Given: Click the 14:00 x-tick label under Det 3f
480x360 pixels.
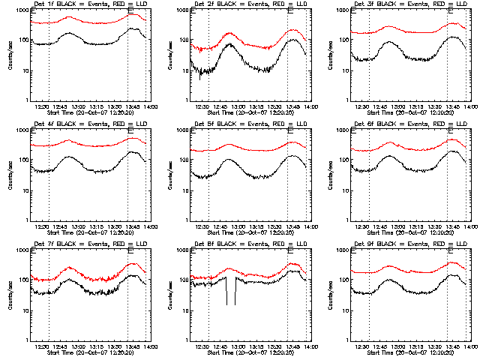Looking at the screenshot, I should [469, 107].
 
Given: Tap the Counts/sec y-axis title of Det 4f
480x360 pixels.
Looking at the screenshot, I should [10, 175].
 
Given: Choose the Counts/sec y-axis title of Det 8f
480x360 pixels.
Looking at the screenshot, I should [170, 295].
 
